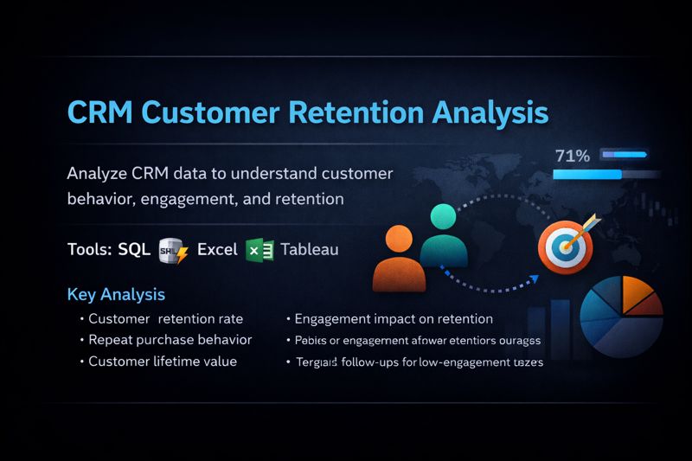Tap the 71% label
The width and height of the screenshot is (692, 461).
click(572, 157)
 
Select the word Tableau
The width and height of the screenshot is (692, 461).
click(309, 250)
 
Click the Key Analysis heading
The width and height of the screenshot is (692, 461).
click(116, 295)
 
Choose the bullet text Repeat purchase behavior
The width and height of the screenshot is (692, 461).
click(170, 340)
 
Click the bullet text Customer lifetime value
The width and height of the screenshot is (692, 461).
click(163, 362)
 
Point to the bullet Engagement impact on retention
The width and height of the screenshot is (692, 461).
click(394, 319)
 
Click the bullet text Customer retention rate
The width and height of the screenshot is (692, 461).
click(166, 319)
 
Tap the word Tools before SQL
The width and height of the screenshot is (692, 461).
click(90, 250)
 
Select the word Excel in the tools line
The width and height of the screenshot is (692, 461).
click(217, 250)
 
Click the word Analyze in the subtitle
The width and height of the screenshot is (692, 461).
click(98, 173)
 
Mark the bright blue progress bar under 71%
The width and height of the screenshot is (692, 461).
click(587, 175)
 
